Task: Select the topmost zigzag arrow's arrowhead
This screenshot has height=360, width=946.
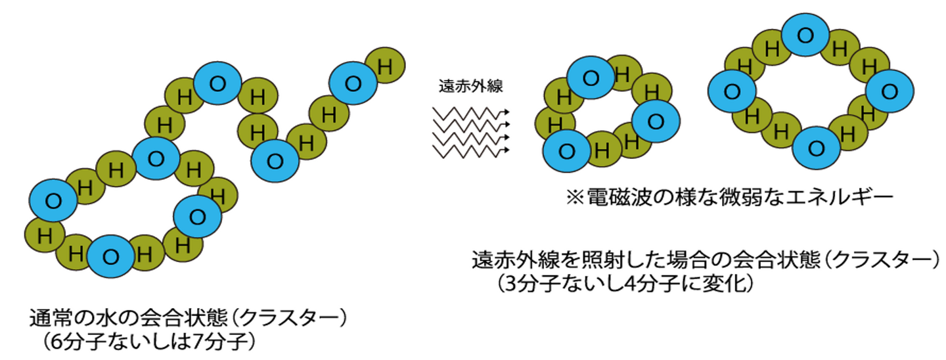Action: tap(508, 112)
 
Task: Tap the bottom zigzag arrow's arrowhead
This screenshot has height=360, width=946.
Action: tap(508, 150)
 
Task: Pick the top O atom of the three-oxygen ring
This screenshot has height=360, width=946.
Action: tap(591, 78)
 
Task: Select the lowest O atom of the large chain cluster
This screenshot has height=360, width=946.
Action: tap(111, 256)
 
